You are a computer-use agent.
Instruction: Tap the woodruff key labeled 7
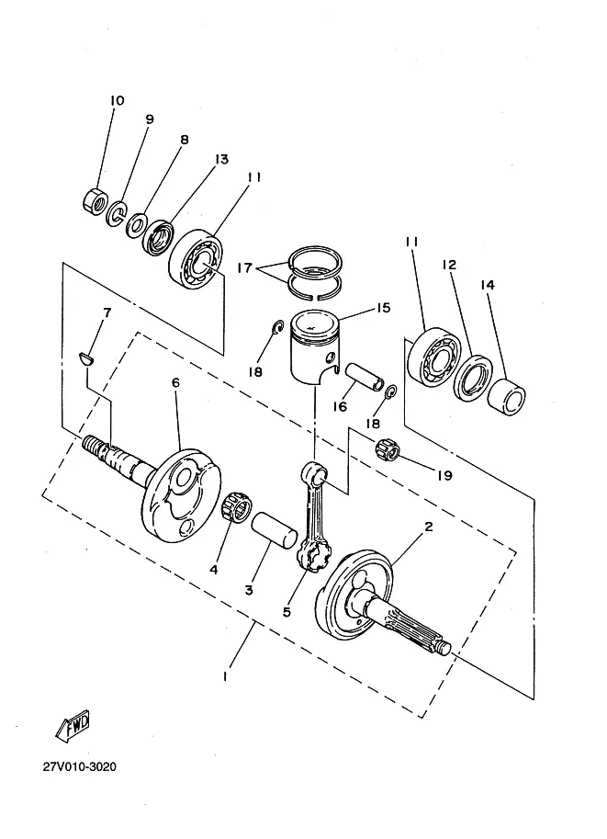coord(86,357)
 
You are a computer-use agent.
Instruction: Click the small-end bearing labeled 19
coord(388,450)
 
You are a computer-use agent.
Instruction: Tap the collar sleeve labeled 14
coord(508,396)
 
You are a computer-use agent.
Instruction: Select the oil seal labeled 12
coord(473,379)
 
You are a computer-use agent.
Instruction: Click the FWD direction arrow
coord(73,726)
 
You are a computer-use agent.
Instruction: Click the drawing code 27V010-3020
coord(80,766)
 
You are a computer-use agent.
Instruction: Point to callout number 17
coord(244,267)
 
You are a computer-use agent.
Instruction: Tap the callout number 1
coord(225,676)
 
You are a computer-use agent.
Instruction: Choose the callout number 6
coord(175,382)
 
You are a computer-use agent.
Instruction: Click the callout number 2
coord(428,527)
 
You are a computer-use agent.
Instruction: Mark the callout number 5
coord(287,611)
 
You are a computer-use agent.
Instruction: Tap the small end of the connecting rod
coord(313,473)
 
